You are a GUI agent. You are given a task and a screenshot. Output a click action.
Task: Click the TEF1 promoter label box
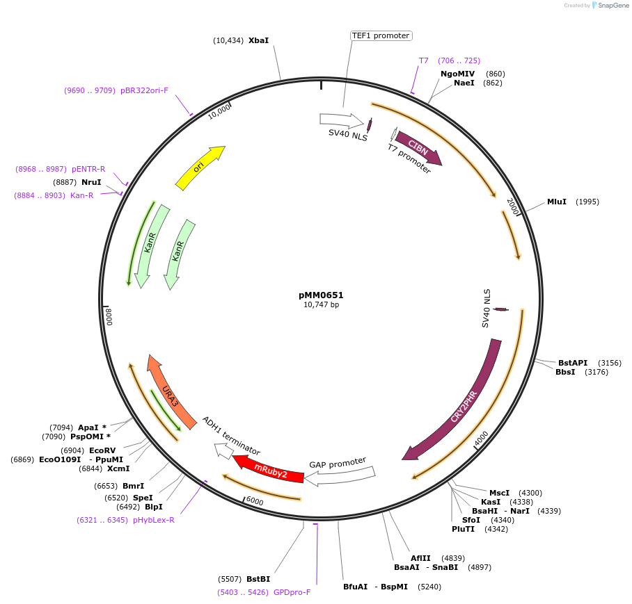(x=381, y=35)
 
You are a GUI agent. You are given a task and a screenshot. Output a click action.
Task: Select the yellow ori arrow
(x=199, y=168)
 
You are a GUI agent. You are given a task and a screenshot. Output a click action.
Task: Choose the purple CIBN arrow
(x=418, y=147)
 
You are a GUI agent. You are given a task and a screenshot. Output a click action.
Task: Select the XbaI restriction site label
(x=258, y=40)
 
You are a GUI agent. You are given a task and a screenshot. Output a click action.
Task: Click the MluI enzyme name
(x=557, y=202)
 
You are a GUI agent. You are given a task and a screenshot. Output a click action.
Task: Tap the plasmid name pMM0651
(x=321, y=295)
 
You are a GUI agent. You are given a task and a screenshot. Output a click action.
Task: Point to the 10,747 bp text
(x=321, y=304)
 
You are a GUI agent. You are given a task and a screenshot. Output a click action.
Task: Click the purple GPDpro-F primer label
(x=292, y=592)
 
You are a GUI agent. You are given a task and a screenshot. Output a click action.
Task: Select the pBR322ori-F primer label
(x=144, y=90)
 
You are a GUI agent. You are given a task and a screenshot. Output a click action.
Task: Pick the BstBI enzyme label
(x=258, y=578)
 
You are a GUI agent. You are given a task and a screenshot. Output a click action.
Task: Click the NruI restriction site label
(x=91, y=182)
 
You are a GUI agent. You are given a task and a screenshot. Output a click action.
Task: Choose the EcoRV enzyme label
(x=102, y=450)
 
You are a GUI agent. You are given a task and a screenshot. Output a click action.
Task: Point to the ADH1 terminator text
(x=231, y=436)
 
